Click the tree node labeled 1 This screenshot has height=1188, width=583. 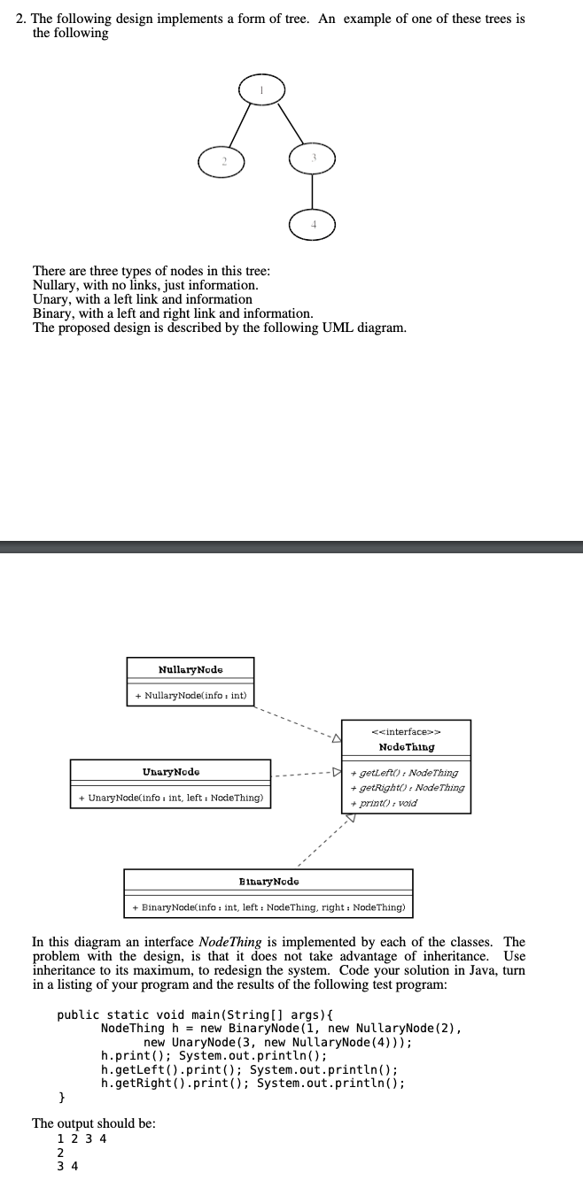260,89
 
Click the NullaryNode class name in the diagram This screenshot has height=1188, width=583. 190,670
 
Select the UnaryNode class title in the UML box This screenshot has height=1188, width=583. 171,772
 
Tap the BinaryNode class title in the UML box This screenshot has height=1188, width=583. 268,882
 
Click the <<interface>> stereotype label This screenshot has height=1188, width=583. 407,732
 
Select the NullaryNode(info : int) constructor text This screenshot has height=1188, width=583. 190,696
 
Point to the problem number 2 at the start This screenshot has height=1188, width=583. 21,19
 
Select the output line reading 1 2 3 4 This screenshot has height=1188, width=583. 82,1138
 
